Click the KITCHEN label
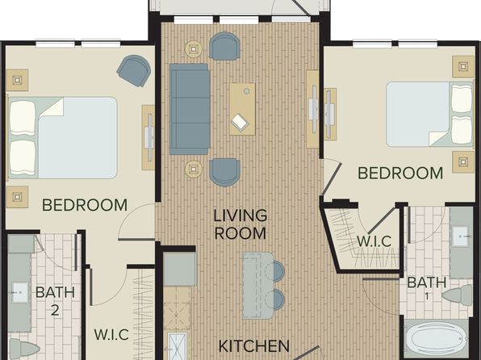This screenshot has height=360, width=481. [x=254, y=346]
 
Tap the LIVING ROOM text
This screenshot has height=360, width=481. [x=240, y=224]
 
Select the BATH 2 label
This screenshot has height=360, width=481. [x=55, y=301]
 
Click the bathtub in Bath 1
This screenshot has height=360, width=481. [x=436, y=338]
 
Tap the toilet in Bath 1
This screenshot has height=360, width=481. [x=457, y=295]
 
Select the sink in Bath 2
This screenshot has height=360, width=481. [x=20, y=292]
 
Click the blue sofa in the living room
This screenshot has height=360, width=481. [x=190, y=109]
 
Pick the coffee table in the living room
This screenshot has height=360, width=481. [x=242, y=109]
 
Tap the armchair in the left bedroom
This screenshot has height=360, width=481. [x=134, y=70]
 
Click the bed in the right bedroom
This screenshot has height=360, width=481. [x=429, y=114]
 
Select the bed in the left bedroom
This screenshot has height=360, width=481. [x=63, y=138]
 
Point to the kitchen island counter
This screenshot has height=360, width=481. [x=257, y=286]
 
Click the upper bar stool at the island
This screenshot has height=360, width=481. [x=275, y=271]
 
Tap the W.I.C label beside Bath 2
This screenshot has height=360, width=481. [x=111, y=334]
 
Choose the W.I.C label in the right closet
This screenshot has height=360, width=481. [x=374, y=241]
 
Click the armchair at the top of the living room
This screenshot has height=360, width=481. [x=224, y=46]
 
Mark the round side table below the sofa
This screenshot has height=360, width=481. [x=194, y=170]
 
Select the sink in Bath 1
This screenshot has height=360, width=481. [x=461, y=237]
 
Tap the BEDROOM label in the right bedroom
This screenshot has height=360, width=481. [x=400, y=173]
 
